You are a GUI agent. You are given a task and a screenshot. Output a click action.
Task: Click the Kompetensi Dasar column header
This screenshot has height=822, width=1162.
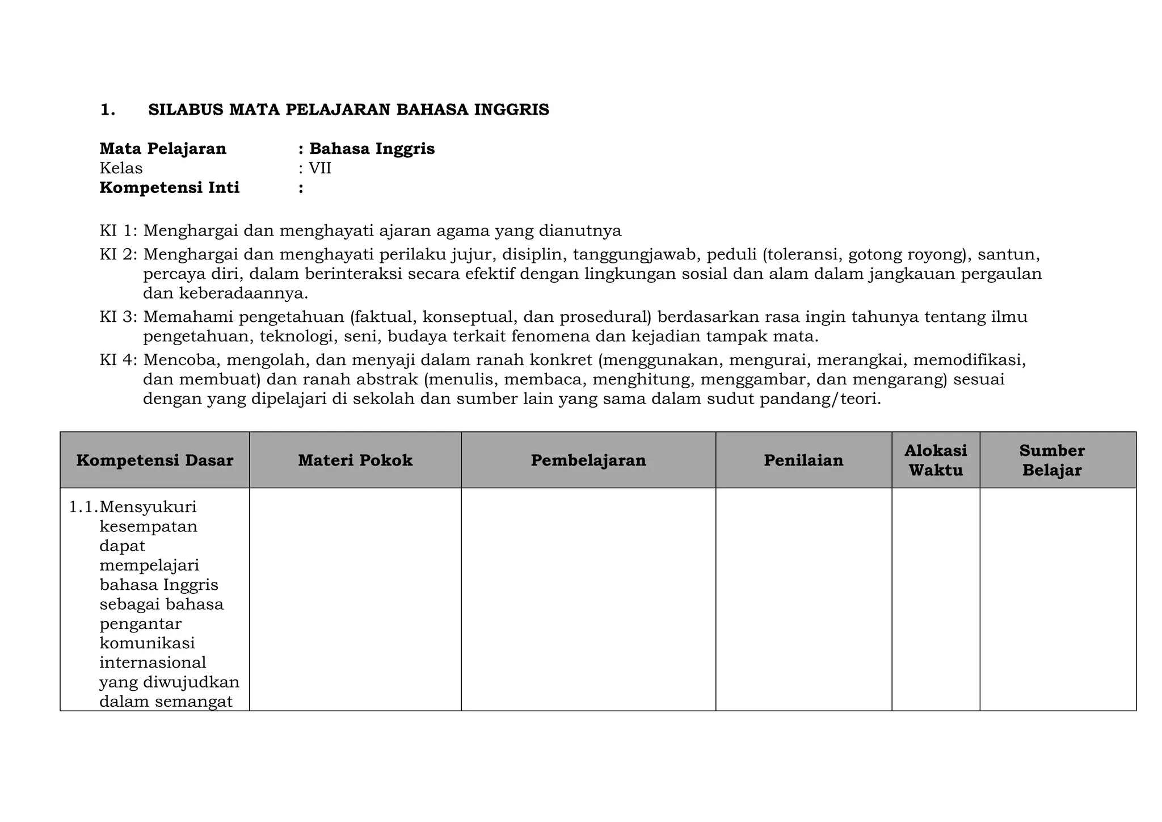[154, 460]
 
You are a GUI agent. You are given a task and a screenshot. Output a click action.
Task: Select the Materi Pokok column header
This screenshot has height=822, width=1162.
[355, 460]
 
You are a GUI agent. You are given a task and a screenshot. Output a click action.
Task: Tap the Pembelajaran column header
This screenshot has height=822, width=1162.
[588, 460]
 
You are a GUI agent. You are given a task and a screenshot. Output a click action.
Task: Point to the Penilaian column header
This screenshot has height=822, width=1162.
[803, 460]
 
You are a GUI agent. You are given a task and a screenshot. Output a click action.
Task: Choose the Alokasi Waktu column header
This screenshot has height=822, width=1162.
[936, 460]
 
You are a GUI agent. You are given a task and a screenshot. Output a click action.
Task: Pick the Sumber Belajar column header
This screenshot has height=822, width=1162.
[1052, 460]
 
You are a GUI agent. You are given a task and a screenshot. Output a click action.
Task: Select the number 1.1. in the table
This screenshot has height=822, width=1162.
[83, 506]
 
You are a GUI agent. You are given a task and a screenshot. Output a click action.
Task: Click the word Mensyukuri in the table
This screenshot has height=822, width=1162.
[148, 506]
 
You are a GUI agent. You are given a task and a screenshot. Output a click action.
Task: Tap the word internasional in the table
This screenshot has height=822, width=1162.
[153, 662]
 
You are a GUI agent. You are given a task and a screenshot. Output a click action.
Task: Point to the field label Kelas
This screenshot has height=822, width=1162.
[121, 169]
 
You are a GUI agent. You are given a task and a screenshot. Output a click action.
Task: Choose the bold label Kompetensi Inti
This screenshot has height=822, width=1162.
[170, 188]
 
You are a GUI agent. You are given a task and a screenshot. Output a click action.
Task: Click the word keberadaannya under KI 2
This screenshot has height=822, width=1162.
[243, 294]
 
